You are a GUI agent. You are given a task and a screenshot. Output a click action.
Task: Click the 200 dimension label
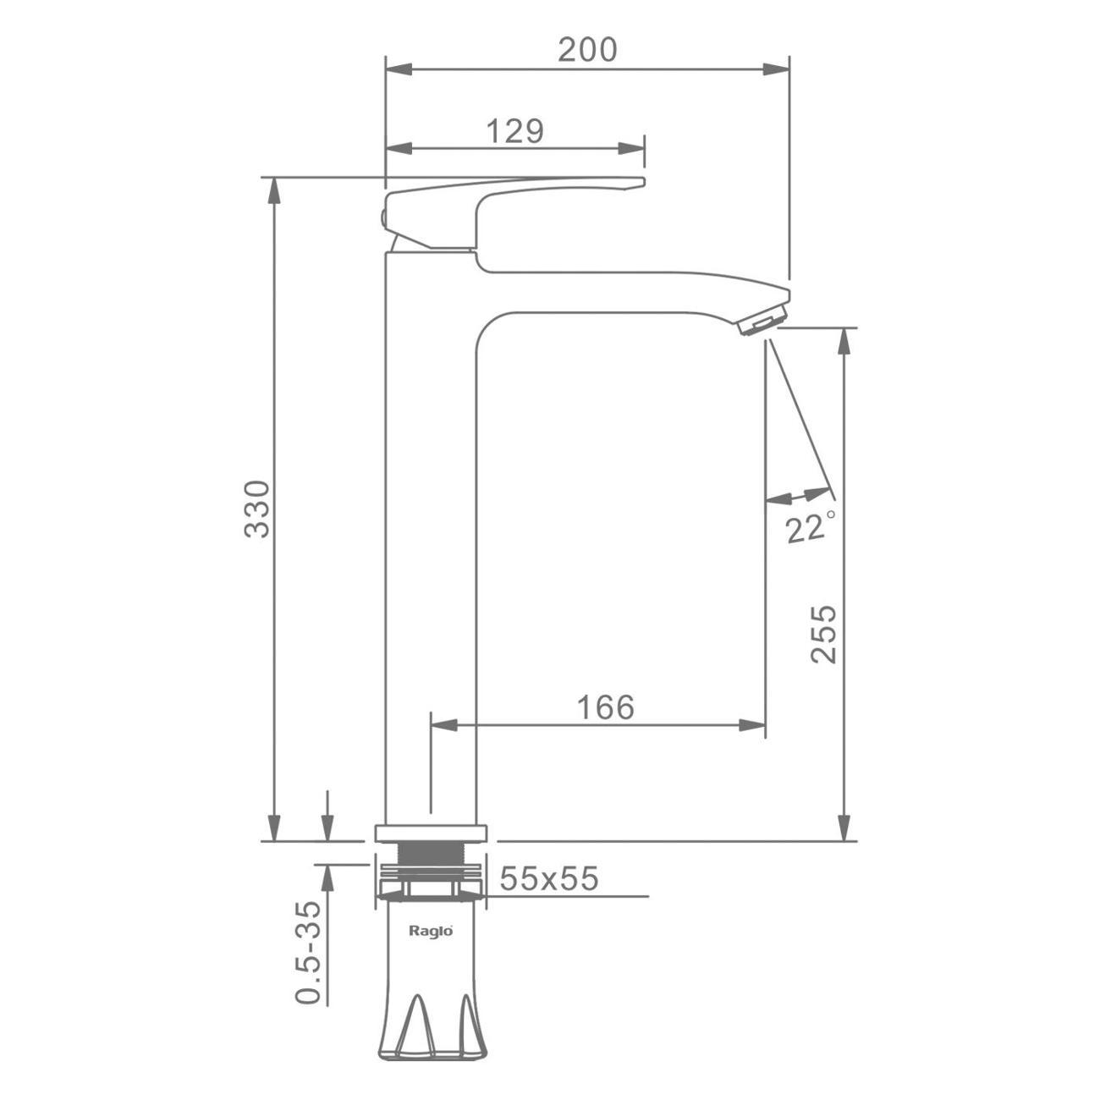[x=587, y=50]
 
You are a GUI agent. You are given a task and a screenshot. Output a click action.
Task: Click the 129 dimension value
[x=515, y=131]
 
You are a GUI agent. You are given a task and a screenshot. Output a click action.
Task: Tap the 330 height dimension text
[x=256, y=509]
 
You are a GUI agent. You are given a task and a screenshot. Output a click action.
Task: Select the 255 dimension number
[x=823, y=634]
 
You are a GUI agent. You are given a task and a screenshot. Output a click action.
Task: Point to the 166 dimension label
[x=606, y=707]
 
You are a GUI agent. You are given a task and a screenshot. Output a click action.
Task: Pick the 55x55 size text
[x=548, y=878]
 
